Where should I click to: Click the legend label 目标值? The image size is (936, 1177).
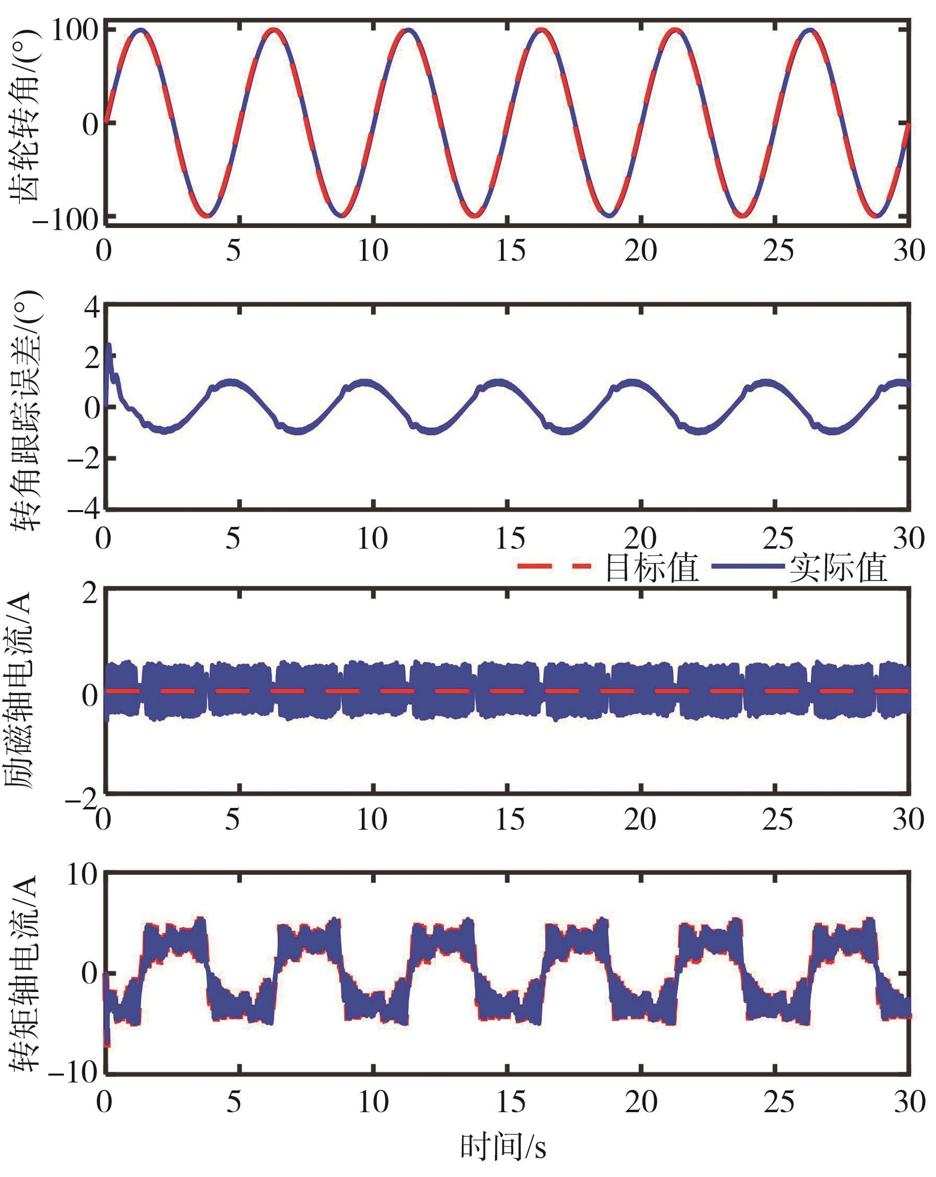[652, 568]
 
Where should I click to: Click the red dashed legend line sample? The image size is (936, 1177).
[554, 567]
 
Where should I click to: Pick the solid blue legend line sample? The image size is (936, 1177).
[749, 567]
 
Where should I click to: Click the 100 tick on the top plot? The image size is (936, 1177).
[74, 30]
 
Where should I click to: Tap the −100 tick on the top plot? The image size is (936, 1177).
[64, 220]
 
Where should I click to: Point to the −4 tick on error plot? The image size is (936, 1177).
[84, 510]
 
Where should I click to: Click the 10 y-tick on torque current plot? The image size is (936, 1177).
[82, 876]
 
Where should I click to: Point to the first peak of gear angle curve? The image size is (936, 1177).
[141, 30]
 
